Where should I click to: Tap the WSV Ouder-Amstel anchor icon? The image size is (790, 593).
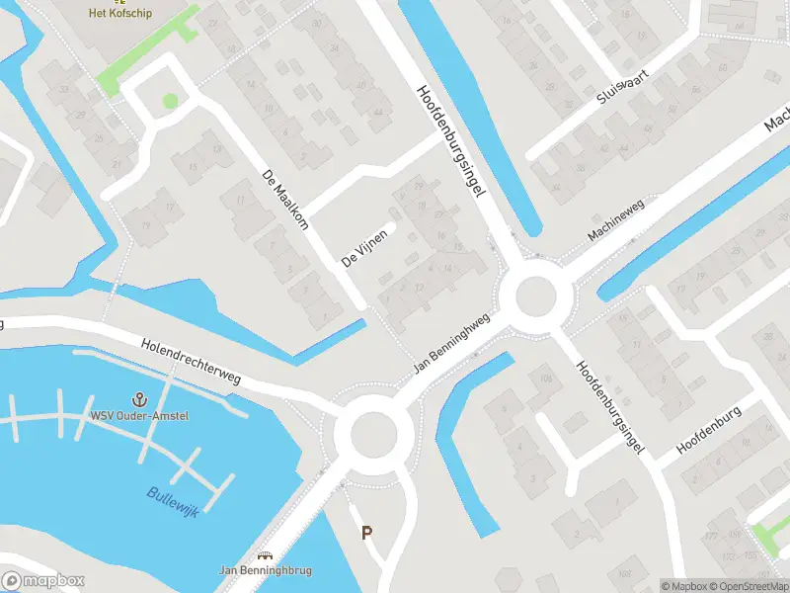[139, 399]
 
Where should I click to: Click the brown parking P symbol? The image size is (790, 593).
[366, 533]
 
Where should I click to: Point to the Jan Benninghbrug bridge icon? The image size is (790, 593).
[264, 555]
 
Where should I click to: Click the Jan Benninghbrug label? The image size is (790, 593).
[264, 570]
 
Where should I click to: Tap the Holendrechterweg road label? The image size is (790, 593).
[191, 361]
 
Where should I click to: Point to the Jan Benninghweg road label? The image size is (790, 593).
[452, 346]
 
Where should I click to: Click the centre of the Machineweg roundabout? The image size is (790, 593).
[535, 295]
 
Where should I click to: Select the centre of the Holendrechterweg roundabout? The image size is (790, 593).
[372, 432]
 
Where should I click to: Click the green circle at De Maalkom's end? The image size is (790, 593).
[170, 100]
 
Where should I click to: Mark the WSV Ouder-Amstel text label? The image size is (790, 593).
[139, 415]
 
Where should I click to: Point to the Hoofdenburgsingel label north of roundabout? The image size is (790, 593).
[454, 141]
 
